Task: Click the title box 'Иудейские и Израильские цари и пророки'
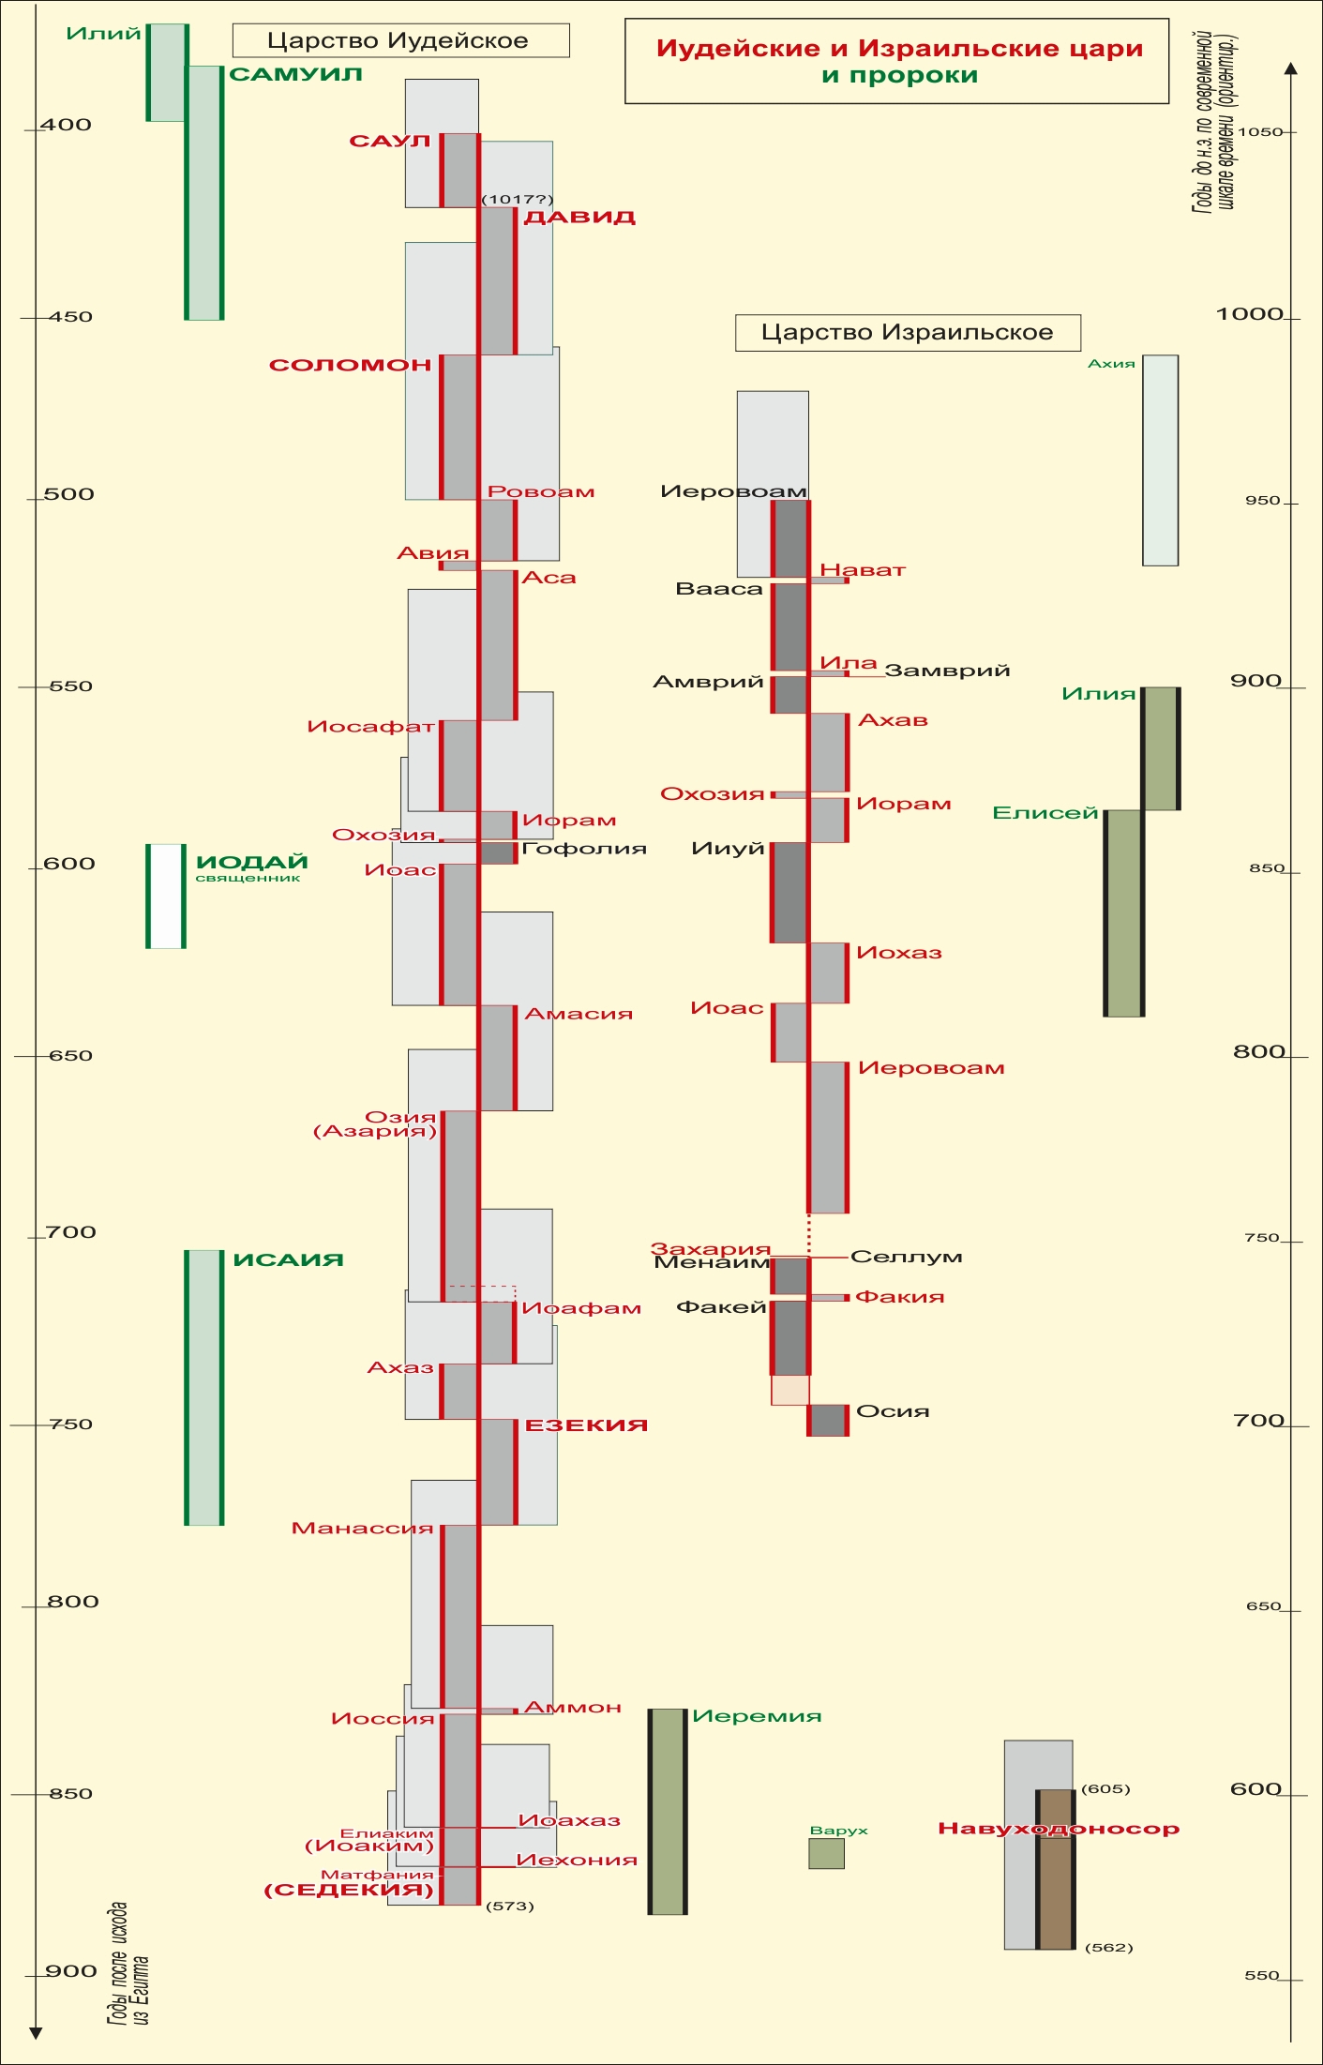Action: tap(897, 61)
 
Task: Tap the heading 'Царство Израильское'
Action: tap(907, 332)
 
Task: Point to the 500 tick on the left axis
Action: tap(68, 494)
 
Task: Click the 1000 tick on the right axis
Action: tap(1250, 314)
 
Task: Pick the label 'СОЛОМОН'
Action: tap(350, 365)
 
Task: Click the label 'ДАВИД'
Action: tap(579, 218)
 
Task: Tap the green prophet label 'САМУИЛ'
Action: tap(295, 74)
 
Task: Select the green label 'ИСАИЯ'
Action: tap(288, 1259)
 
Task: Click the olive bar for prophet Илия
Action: tap(1160, 748)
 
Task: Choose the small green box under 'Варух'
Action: tap(826, 1853)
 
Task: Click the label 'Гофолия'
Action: tap(584, 849)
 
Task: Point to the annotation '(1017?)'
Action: tap(518, 200)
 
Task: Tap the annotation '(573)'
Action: tap(510, 1906)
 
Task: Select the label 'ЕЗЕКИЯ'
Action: tap(586, 1425)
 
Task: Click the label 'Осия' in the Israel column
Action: tap(893, 1411)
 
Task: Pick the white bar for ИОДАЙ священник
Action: tap(166, 897)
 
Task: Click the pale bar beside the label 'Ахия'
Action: tap(1160, 460)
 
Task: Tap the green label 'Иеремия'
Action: tap(757, 1716)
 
